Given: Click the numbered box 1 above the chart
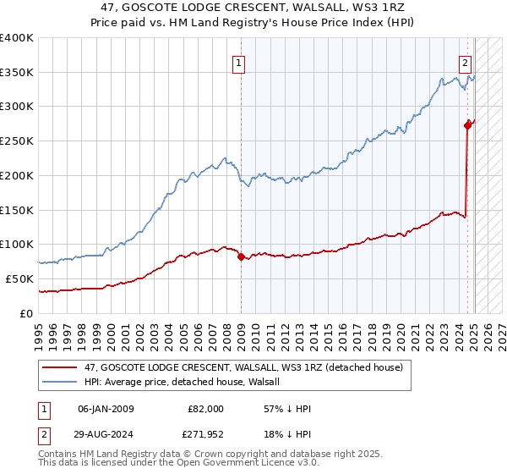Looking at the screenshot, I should pyautogui.click(x=239, y=62).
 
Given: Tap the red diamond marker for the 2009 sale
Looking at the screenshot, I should pyautogui.click(x=241, y=256).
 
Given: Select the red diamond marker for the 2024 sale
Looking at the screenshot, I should pyautogui.click(x=467, y=124).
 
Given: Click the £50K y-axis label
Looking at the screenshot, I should pyautogui.click(x=19, y=278).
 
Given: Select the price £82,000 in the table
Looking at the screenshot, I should pyautogui.click(x=205, y=409).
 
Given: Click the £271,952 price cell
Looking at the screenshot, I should pyautogui.click(x=205, y=438).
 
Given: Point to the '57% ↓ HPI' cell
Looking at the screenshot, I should pyautogui.click(x=288, y=409).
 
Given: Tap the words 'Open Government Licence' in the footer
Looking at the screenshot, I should pyautogui.click(x=244, y=464).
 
